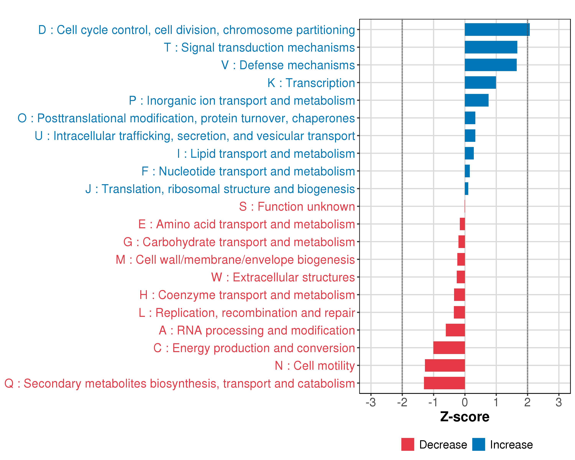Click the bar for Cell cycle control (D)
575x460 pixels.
tap(497, 30)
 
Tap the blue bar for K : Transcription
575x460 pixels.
tap(480, 83)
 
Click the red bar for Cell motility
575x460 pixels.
tap(445, 365)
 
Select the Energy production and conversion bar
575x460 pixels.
tap(449, 348)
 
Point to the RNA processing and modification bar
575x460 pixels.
tap(455, 330)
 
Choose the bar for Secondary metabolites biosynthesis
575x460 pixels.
tap(444, 383)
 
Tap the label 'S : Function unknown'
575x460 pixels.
tap(297, 207)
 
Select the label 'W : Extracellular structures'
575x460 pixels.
tap(283, 277)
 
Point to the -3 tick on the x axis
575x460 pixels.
tap(371, 402)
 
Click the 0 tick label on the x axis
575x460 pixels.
tap(465, 402)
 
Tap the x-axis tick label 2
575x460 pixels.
tap(527, 402)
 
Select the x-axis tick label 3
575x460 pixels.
tap(559, 402)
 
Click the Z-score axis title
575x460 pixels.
tap(465, 417)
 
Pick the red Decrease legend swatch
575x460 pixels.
tap(407, 444)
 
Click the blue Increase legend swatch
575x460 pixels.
tap(478, 444)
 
